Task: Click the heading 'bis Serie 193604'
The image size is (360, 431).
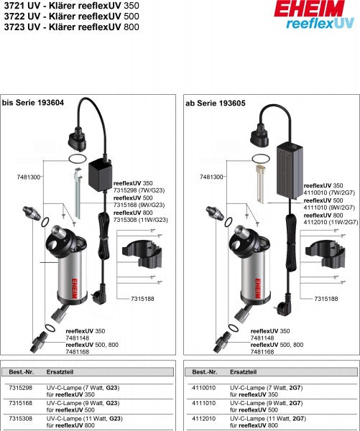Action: [x=34, y=103]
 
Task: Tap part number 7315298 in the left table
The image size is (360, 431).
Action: [x=19, y=388]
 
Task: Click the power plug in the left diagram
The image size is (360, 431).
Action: [x=100, y=292]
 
